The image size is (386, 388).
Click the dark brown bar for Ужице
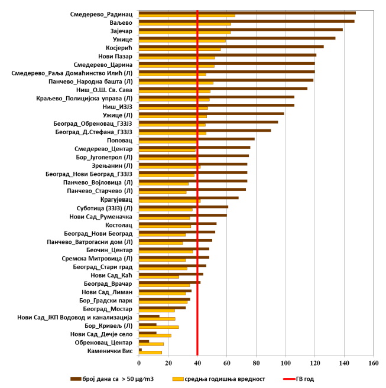click(236, 38)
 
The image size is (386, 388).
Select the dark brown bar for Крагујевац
click(189, 198)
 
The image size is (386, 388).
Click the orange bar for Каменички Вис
click(150, 353)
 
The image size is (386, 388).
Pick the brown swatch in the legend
click(76, 379)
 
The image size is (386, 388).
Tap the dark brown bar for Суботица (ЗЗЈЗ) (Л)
click(183, 207)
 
